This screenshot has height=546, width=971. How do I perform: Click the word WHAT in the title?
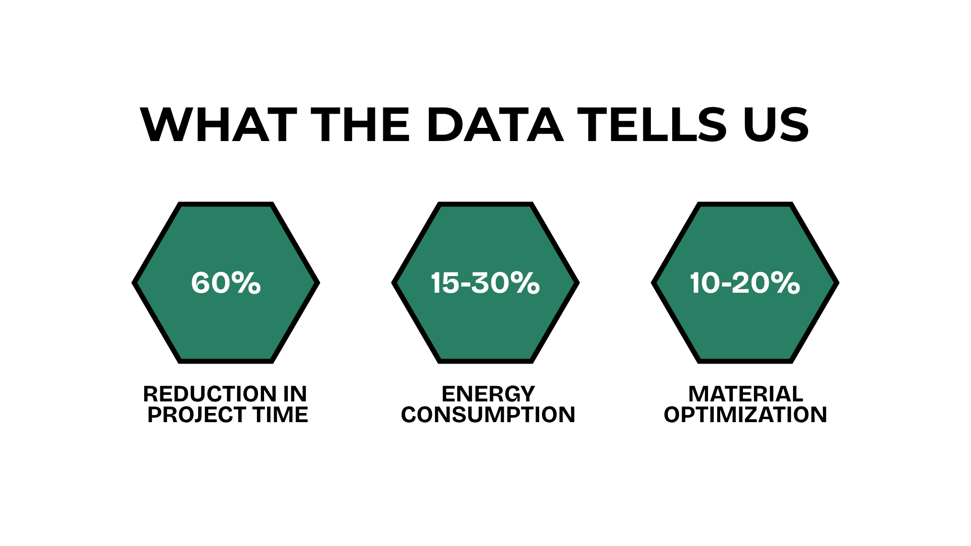click(x=218, y=125)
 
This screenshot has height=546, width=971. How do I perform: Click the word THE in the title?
click(x=361, y=125)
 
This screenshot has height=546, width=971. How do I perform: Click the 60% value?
click(x=226, y=283)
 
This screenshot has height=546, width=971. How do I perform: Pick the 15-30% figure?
click(x=485, y=283)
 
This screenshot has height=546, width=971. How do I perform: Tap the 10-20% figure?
click(x=745, y=283)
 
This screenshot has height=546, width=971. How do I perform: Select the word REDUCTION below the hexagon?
click(x=210, y=394)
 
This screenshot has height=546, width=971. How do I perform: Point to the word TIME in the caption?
click(x=281, y=415)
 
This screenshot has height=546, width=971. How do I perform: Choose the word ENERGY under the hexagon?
click(x=488, y=394)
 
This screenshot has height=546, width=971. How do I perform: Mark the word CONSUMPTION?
click(x=488, y=415)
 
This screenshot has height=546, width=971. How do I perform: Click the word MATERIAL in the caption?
click(x=745, y=394)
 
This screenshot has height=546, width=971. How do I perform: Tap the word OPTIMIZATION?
click(x=745, y=415)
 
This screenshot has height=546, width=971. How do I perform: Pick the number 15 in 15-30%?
click(x=445, y=283)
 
